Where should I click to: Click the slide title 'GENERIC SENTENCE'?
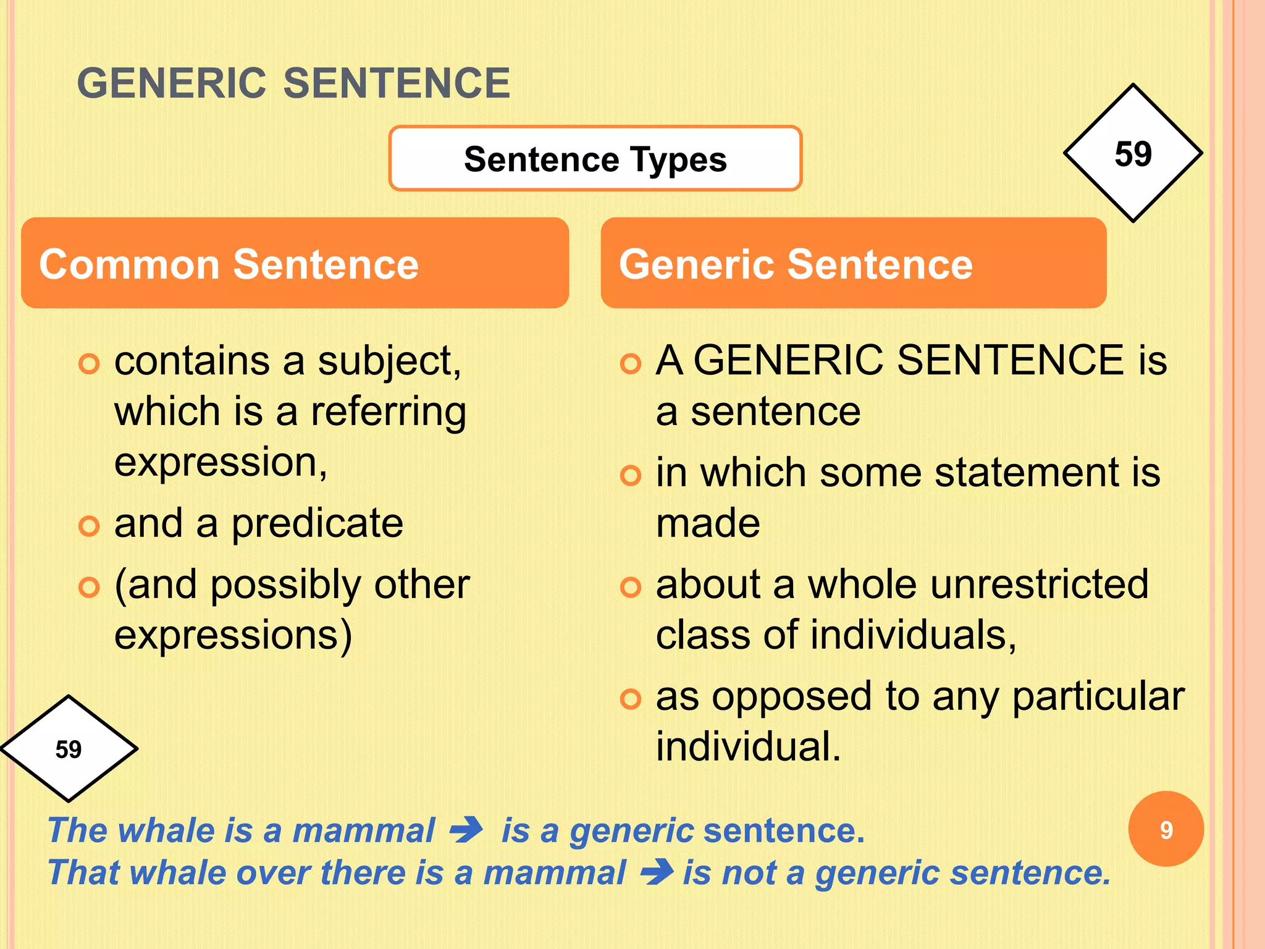click(x=293, y=84)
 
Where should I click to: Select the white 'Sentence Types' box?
click(x=595, y=159)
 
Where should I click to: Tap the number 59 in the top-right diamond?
click(x=1133, y=153)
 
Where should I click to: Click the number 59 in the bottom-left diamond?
click(x=68, y=749)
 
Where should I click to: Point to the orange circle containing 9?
click(x=1166, y=829)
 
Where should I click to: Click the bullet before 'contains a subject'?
click(x=89, y=364)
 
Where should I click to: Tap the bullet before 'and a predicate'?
click(x=89, y=526)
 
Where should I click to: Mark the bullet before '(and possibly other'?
click(x=89, y=587)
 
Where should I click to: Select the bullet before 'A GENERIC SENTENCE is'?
click(x=630, y=364)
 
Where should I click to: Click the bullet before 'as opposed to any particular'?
click(x=630, y=699)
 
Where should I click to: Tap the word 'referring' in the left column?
click(x=388, y=413)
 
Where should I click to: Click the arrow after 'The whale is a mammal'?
click(x=466, y=830)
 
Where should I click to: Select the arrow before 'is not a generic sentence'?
click(x=656, y=872)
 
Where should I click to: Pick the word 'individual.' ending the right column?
click(x=748, y=746)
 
